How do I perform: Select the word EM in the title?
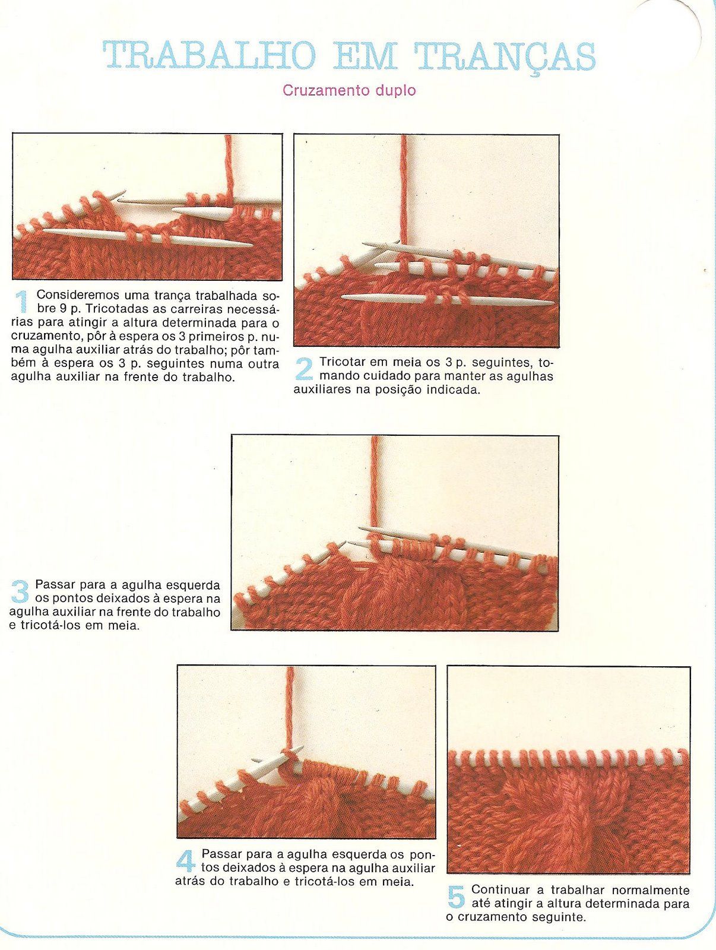point(365,56)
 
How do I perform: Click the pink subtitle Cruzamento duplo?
point(349,91)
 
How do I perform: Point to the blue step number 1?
point(22,302)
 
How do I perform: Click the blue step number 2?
point(303,369)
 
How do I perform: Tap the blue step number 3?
point(20,592)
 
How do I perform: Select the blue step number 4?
point(186,862)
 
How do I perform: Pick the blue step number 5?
point(456,897)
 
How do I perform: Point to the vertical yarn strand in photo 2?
point(404,190)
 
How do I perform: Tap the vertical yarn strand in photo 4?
point(290,707)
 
